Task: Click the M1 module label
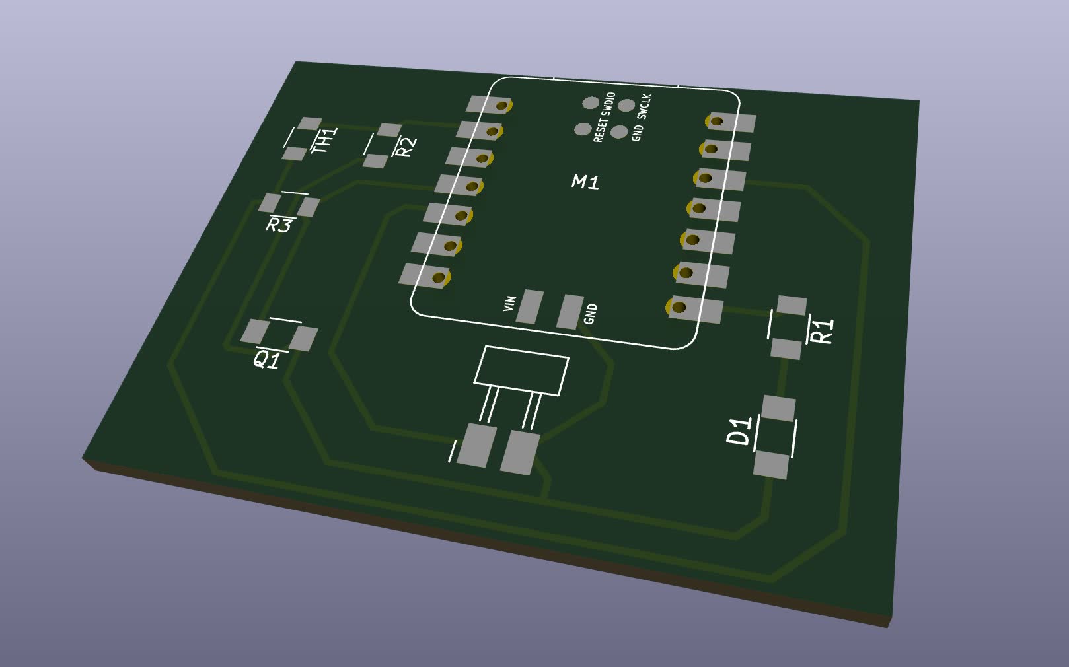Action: point(585,182)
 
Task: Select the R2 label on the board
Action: point(406,146)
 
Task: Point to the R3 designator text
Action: point(278,225)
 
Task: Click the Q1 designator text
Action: point(267,360)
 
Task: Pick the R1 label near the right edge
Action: point(822,331)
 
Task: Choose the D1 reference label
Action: point(739,431)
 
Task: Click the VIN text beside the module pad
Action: point(509,304)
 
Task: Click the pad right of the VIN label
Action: point(530,306)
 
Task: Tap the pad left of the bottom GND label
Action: point(570,312)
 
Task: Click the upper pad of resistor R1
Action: point(792,306)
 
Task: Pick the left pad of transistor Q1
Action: point(255,330)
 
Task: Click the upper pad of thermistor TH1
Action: point(309,123)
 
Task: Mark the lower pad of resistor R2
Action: point(376,160)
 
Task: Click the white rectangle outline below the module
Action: point(521,371)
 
